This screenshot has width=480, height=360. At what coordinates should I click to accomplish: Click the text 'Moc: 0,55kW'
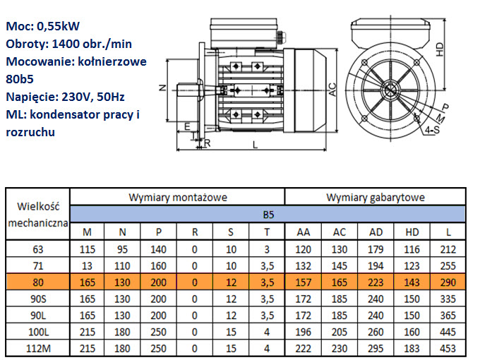pyautogui.click(x=43, y=26)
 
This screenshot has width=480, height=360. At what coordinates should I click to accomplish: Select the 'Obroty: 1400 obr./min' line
pyautogui.click(x=69, y=44)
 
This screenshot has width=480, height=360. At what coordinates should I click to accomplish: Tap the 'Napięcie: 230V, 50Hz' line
pyautogui.click(x=65, y=97)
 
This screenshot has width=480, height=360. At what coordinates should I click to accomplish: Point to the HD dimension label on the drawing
pyautogui.click(x=439, y=49)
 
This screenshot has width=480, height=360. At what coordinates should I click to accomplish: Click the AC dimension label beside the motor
pyautogui.click(x=332, y=90)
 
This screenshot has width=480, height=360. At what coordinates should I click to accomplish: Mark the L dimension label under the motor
pyautogui.click(x=255, y=145)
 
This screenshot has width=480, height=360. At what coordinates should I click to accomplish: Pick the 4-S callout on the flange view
pyautogui.click(x=432, y=130)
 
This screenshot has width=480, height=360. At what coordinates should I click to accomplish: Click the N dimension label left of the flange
pyautogui.click(x=163, y=88)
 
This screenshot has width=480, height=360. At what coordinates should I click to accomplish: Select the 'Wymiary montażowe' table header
pyautogui.click(x=178, y=198)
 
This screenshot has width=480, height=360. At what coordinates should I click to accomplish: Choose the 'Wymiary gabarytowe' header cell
pyautogui.click(x=376, y=198)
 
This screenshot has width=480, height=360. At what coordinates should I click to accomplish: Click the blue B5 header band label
pyautogui.click(x=268, y=215)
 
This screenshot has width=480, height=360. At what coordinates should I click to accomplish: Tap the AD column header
pyautogui.click(x=376, y=232)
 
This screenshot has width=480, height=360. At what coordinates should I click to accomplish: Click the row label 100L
pyautogui.click(x=38, y=332)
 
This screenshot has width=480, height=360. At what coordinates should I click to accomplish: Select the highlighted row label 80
pyautogui.click(x=38, y=282)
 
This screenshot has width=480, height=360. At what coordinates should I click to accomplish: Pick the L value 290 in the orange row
pyautogui.click(x=448, y=282)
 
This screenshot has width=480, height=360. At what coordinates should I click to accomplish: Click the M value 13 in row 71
pyautogui.click(x=87, y=265)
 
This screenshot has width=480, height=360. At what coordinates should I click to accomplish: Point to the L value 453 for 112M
pyautogui.click(x=448, y=349)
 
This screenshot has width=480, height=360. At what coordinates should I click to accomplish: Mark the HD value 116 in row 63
pyautogui.click(x=412, y=249)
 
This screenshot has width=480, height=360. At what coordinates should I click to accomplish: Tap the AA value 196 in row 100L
pyautogui.click(x=303, y=332)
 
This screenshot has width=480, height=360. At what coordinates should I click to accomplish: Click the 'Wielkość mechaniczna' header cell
pyautogui.click(x=38, y=215)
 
